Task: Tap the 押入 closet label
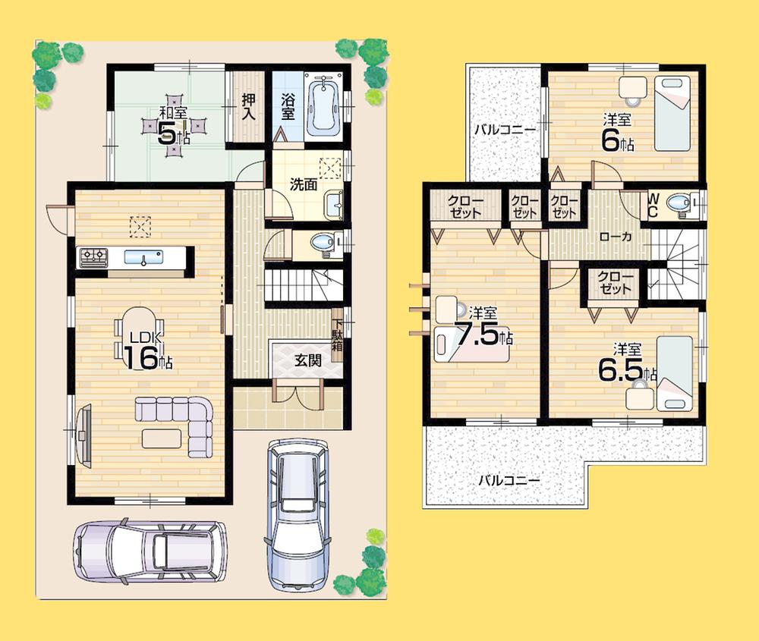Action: coord(248,106)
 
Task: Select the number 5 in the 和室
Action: coord(167,134)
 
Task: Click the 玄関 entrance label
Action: coord(307,360)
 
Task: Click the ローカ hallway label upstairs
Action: coord(616,237)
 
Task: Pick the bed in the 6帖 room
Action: coord(672,112)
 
